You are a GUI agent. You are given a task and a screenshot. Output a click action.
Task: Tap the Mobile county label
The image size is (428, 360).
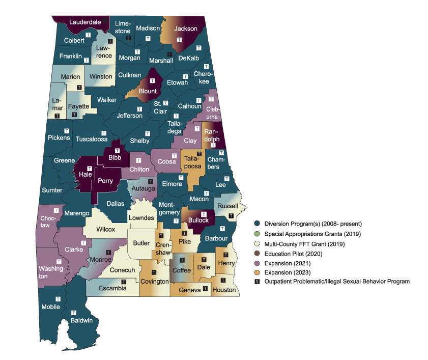[x=51, y=307]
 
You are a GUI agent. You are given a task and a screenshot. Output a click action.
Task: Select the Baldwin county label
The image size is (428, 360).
[x=81, y=320]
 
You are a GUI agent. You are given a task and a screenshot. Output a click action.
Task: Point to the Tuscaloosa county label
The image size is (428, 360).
[x=92, y=139]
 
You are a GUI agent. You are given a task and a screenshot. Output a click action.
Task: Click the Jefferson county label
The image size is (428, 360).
[x=130, y=116]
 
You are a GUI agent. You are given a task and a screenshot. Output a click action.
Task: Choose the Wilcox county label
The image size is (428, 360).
[x=105, y=230]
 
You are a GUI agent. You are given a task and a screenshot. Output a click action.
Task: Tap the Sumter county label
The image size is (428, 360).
[x=52, y=190]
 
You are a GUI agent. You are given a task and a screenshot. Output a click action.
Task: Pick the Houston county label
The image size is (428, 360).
[x=224, y=290]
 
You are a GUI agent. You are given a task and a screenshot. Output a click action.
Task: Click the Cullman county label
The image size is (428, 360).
[x=129, y=75]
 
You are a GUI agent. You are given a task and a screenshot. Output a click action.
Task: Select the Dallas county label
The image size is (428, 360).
[x=116, y=203]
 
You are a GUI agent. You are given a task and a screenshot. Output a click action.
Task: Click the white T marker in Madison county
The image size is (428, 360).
[x=148, y=39]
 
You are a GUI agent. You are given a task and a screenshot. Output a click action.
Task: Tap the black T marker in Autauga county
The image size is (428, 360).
[x=150, y=181]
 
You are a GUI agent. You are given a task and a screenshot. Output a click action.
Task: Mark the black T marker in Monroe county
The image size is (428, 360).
[x=108, y=252]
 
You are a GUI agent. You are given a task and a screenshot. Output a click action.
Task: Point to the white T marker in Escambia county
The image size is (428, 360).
[x=124, y=281]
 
